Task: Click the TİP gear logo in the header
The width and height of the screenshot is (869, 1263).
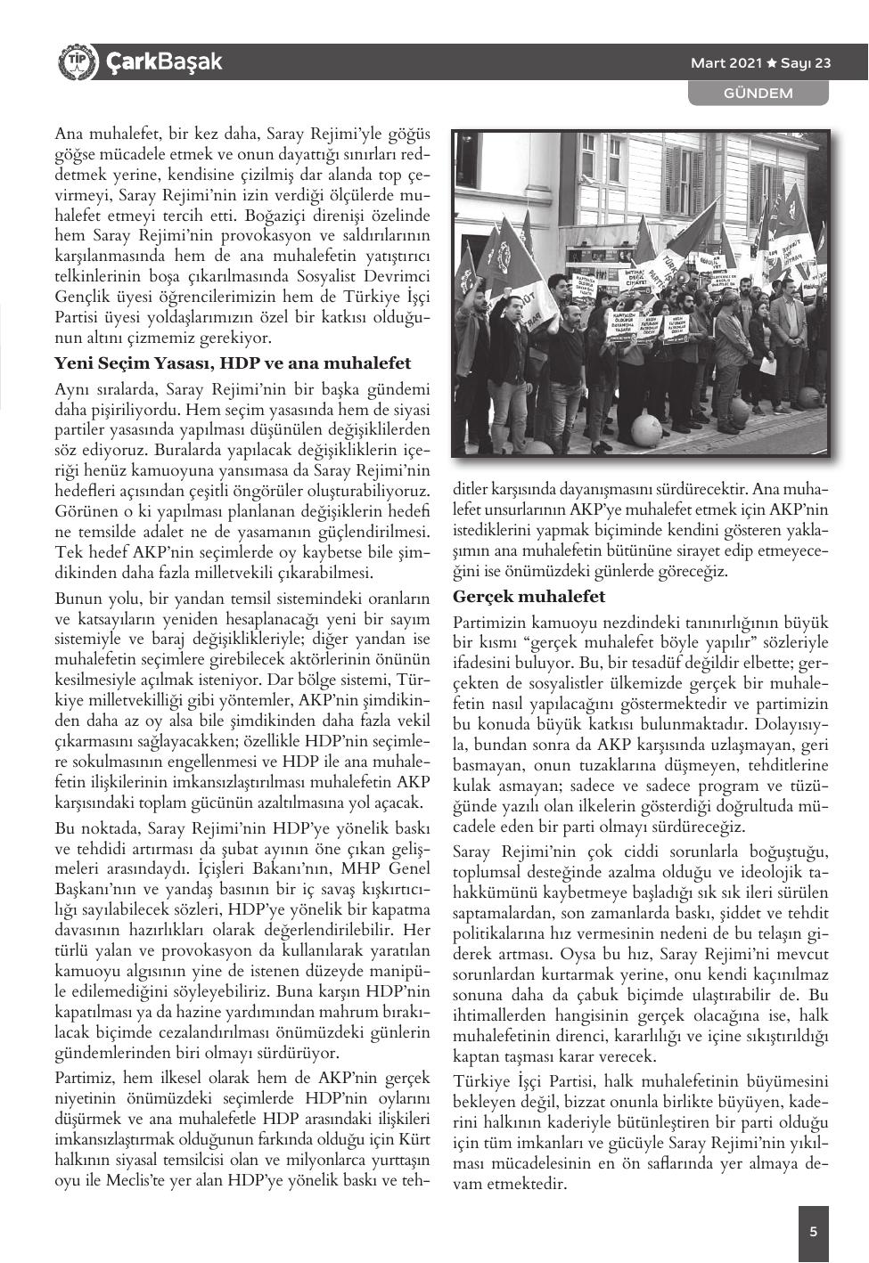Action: [75, 62]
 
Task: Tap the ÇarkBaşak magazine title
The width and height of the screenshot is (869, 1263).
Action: [163, 62]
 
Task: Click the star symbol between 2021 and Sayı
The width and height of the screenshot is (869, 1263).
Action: [771, 63]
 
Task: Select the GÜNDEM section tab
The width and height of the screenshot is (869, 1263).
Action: [758, 93]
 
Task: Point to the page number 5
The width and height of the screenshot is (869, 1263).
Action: [812, 1232]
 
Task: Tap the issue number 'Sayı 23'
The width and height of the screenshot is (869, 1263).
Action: [806, 63]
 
